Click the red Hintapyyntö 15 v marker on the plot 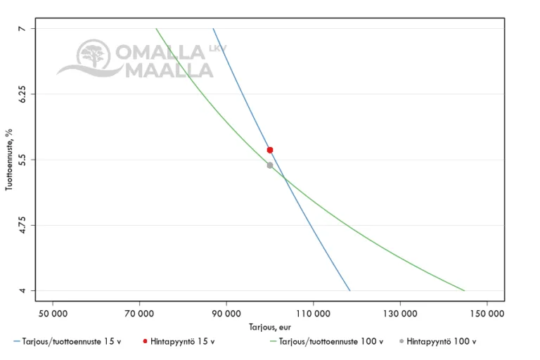(270, 150)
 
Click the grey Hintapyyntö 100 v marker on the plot (270, 165)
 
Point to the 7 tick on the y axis (22, 28)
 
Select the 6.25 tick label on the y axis (22, 94)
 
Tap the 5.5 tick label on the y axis (22, 160)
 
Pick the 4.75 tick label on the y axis (22, 226)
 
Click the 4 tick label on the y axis (22, 291)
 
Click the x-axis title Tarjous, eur (270, 327)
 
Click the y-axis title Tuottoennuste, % (10, 160)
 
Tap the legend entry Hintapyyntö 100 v (441, 342)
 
